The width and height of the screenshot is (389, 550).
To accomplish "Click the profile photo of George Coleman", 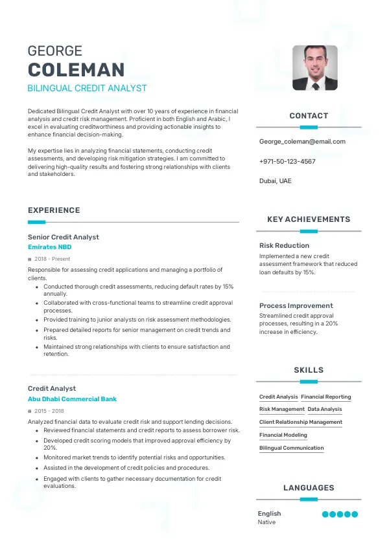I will point(315,68).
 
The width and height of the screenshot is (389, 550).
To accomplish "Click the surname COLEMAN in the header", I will point(77,70).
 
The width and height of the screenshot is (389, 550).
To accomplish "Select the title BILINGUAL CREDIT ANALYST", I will point(88,88).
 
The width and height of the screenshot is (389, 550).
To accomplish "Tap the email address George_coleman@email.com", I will point(302,141).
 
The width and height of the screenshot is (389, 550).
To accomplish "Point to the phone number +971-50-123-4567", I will point(287,161).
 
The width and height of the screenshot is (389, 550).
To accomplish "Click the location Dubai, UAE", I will point(276,181).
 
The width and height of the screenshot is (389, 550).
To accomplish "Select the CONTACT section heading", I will point(309,116).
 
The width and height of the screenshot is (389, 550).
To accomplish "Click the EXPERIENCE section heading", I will point(54,210).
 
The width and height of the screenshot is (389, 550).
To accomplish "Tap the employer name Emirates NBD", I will point(50,247).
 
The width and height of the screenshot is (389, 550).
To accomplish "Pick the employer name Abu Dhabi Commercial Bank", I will point(72,399).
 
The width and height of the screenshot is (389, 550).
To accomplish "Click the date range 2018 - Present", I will point(52,259).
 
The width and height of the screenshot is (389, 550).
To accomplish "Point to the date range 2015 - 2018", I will point(49,411).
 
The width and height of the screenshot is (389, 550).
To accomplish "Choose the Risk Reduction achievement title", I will point(284,245).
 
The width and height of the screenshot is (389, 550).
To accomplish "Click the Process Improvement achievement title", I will point(296,305).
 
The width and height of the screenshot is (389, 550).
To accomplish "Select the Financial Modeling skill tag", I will point(283,435).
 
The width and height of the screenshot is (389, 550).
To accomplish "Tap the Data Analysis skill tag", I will point(325,410).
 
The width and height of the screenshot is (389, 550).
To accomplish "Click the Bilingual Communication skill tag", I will point(292,448).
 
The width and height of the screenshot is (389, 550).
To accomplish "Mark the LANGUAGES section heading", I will point(309,488).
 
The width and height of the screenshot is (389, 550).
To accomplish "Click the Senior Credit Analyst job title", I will point(64,237).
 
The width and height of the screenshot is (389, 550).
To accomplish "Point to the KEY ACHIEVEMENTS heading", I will point(309,219).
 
